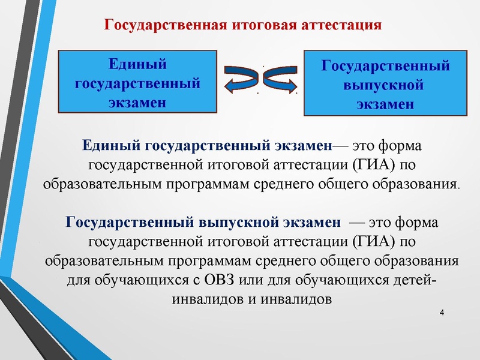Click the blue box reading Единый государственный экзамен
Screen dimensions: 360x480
pyautogui.click(x=137, y=82)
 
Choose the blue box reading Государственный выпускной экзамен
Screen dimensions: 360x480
pyautogui.click(x=385, y=83)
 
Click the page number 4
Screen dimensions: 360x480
pyautogui.click(x=442, y=314)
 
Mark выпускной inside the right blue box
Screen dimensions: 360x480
pyautogui.click(x=384, y=83)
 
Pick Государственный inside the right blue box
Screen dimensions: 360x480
pyautogui.click(x=385, y=65)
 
